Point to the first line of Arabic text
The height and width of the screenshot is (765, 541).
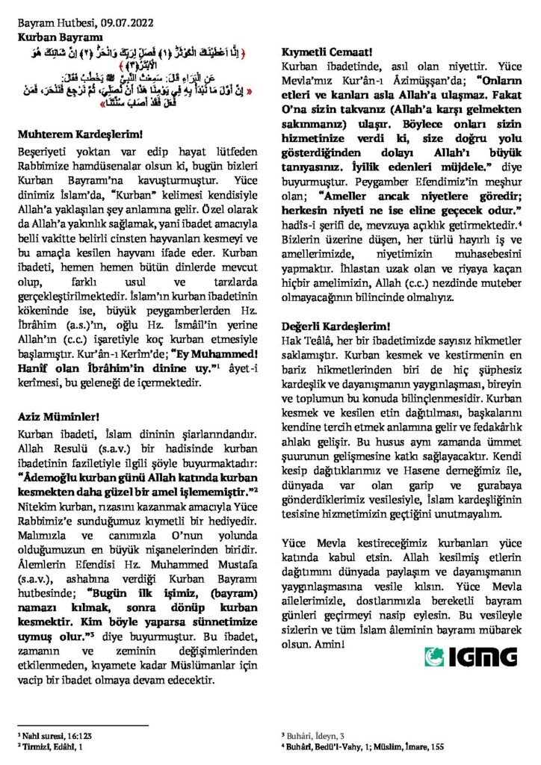143,57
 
